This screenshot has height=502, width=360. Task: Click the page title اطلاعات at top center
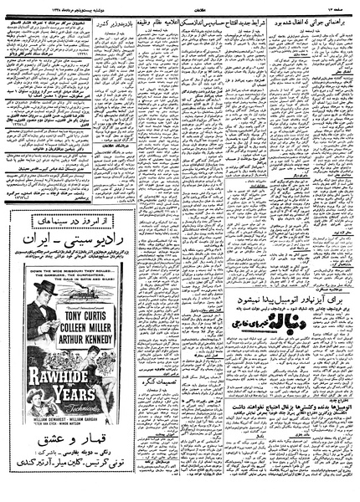pos(181,9)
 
